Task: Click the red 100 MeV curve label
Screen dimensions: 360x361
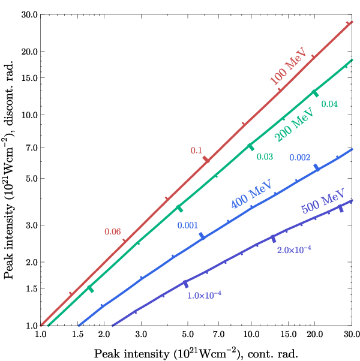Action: pos(289,66)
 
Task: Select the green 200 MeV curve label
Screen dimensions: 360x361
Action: pos(294,124)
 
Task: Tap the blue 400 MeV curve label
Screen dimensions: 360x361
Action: pos(251,194)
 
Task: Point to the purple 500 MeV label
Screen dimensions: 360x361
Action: pos(323,201)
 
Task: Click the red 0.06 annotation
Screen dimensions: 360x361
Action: pos(113,231)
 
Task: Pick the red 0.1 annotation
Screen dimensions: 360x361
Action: pos(196,151)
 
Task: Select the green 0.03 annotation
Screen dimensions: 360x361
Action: pos(265,157)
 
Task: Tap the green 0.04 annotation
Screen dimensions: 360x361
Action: pos(329,104)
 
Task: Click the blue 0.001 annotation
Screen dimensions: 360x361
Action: pos(187,225)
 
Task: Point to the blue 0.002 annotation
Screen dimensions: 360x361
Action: pos(300,158)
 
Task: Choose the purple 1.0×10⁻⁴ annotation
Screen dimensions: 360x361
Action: pos(204,295)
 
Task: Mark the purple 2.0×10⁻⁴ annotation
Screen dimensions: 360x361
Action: pos(294,249)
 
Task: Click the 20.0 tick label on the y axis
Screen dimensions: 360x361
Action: pos(29,52)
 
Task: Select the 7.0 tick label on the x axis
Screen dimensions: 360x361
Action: pos(218,334)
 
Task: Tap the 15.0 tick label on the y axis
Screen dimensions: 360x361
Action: pos(29,78)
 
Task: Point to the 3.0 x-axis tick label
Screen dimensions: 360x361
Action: pos(141,334)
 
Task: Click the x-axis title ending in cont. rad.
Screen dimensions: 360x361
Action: pos(196,353)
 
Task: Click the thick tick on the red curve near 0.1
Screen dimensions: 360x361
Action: pos(206,160)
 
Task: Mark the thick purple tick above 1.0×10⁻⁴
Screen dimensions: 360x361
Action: pos(186,284)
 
